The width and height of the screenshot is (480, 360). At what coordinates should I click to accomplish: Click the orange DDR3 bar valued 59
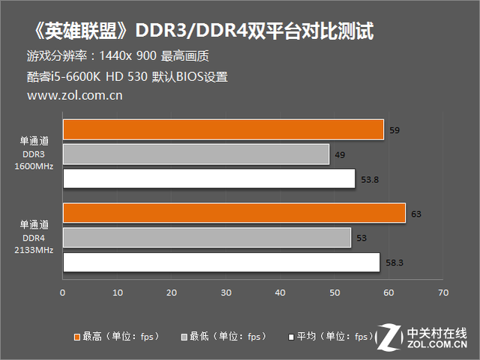coord(223,130)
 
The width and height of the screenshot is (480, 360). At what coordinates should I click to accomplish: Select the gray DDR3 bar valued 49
coord(196,154)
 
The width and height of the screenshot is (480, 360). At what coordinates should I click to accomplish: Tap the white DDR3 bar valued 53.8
coord(208,179)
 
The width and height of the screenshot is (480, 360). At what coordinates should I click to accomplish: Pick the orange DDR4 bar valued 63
coord(234,213)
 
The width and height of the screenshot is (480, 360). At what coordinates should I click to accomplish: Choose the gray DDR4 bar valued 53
coord(206,238)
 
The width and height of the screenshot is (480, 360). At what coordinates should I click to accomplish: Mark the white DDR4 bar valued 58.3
coord(221,262)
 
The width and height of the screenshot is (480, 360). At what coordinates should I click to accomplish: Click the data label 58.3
coord(394,263)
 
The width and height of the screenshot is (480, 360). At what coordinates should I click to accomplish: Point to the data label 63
coord(416,214)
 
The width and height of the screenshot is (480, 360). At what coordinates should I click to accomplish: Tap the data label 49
coord(340,155)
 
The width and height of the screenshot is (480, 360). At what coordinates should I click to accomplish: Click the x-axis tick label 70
coord(443,292)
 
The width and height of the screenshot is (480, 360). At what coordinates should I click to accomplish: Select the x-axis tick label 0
coord(63,292)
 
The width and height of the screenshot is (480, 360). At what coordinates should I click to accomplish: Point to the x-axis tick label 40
coord(280,292)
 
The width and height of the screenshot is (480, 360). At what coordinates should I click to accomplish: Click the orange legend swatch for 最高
coord(77,337)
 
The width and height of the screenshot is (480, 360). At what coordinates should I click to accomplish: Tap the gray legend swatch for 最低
coord(184,337)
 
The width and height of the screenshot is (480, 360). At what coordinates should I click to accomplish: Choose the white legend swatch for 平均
coord(290,337)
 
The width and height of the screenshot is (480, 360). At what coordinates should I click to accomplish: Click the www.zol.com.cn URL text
coord(74,95)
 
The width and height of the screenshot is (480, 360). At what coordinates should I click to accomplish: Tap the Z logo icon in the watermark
coord(388,337)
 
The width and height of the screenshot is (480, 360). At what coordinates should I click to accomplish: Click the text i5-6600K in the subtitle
coord(72,76)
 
